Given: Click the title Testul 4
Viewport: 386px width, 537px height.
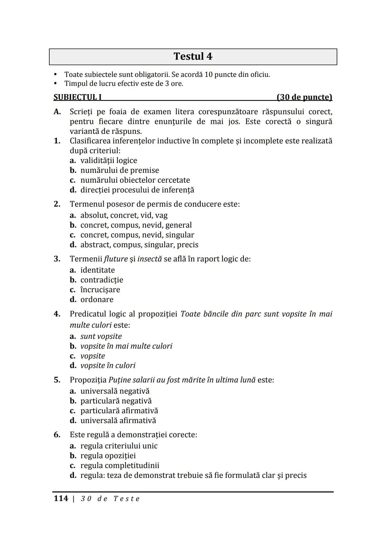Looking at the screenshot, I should coord(193,57).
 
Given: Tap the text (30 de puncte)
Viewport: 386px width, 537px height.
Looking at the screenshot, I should coord(304,97).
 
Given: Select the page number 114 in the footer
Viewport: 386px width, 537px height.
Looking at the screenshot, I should coord(61,498).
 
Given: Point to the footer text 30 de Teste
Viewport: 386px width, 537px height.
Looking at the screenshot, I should coord(110,499).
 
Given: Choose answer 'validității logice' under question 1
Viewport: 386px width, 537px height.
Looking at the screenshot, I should coord(108,161).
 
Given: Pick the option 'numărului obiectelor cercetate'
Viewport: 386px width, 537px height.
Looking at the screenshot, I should coord(135,180).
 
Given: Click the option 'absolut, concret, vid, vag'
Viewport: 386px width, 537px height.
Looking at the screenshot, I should coord(124,215).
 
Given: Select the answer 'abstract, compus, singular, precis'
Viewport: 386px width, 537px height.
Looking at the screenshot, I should coord(139,245).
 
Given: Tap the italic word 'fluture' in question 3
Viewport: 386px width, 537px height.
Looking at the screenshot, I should coord(116,259).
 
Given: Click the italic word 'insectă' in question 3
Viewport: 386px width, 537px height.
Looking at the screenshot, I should coord(150,259).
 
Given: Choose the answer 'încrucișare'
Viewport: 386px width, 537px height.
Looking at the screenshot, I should coord(100,290).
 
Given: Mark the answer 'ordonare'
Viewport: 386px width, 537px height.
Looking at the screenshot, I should coord(96,299).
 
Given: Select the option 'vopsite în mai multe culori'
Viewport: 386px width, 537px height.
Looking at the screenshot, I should coord(126,346).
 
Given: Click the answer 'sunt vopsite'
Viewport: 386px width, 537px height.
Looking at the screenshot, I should coord(101,336).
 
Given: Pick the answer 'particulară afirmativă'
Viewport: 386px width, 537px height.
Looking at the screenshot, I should coord(119,411).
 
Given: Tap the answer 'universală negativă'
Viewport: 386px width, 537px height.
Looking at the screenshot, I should coord(115,391).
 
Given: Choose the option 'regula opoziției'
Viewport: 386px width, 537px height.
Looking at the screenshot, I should coord(108,456).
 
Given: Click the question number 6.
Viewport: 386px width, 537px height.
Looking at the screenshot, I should coord(57,435).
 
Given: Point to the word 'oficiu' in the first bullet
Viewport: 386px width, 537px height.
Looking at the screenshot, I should coord(259,75).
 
